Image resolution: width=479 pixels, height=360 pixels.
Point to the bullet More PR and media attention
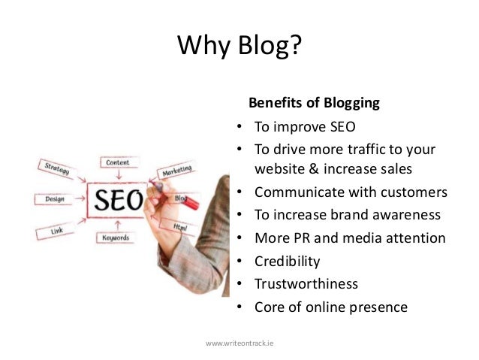tap(350, 238)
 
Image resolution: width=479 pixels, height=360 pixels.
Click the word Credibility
tap(288, 262)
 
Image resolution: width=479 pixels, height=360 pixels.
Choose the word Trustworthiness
tap(306, 284)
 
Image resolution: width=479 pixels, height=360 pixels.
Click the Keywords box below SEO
tap(117, 238)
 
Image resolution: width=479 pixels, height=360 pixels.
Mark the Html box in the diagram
tap(181, 226)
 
